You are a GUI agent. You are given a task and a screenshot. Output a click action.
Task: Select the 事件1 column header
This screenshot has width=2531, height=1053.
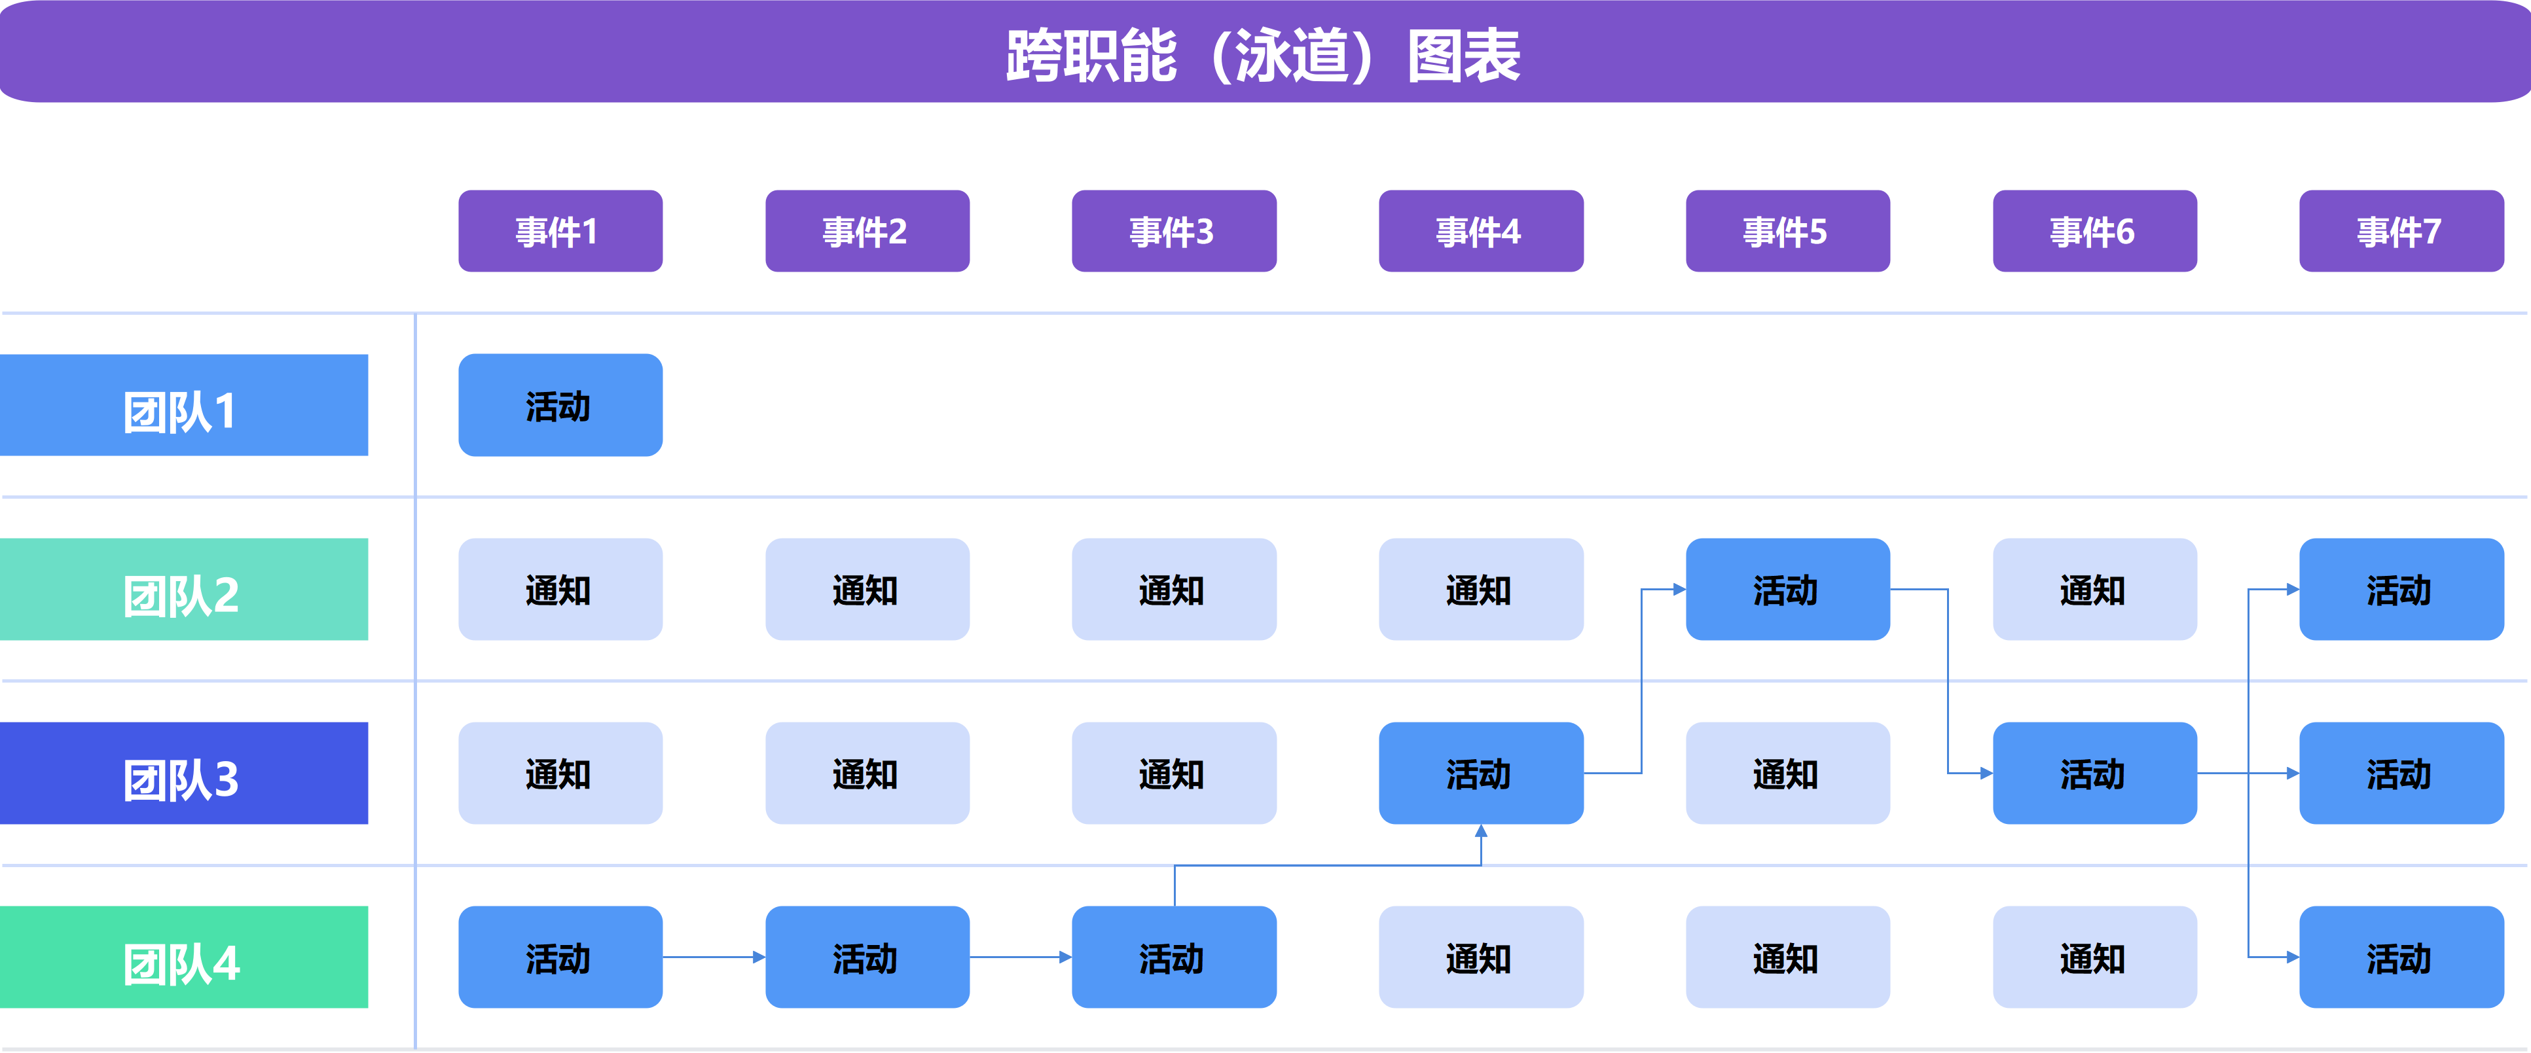tap(560, 232)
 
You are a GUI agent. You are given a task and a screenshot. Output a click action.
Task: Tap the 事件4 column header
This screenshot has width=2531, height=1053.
tap(1481, 232)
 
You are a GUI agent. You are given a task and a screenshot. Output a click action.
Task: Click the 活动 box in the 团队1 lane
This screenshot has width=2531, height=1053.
tap(560, 406)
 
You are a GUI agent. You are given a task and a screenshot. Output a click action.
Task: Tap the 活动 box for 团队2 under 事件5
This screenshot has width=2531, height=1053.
tap(1787, 590)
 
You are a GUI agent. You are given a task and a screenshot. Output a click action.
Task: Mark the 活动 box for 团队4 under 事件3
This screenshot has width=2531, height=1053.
tap(1173, 957)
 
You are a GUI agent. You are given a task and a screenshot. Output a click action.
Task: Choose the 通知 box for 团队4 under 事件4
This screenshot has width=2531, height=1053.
tap(1481, 957)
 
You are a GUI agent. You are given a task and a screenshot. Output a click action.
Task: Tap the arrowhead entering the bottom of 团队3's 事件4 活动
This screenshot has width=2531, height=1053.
tap(1481, 832)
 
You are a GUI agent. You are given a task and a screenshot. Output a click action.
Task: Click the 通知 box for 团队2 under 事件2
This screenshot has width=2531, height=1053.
tap(867, 590)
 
